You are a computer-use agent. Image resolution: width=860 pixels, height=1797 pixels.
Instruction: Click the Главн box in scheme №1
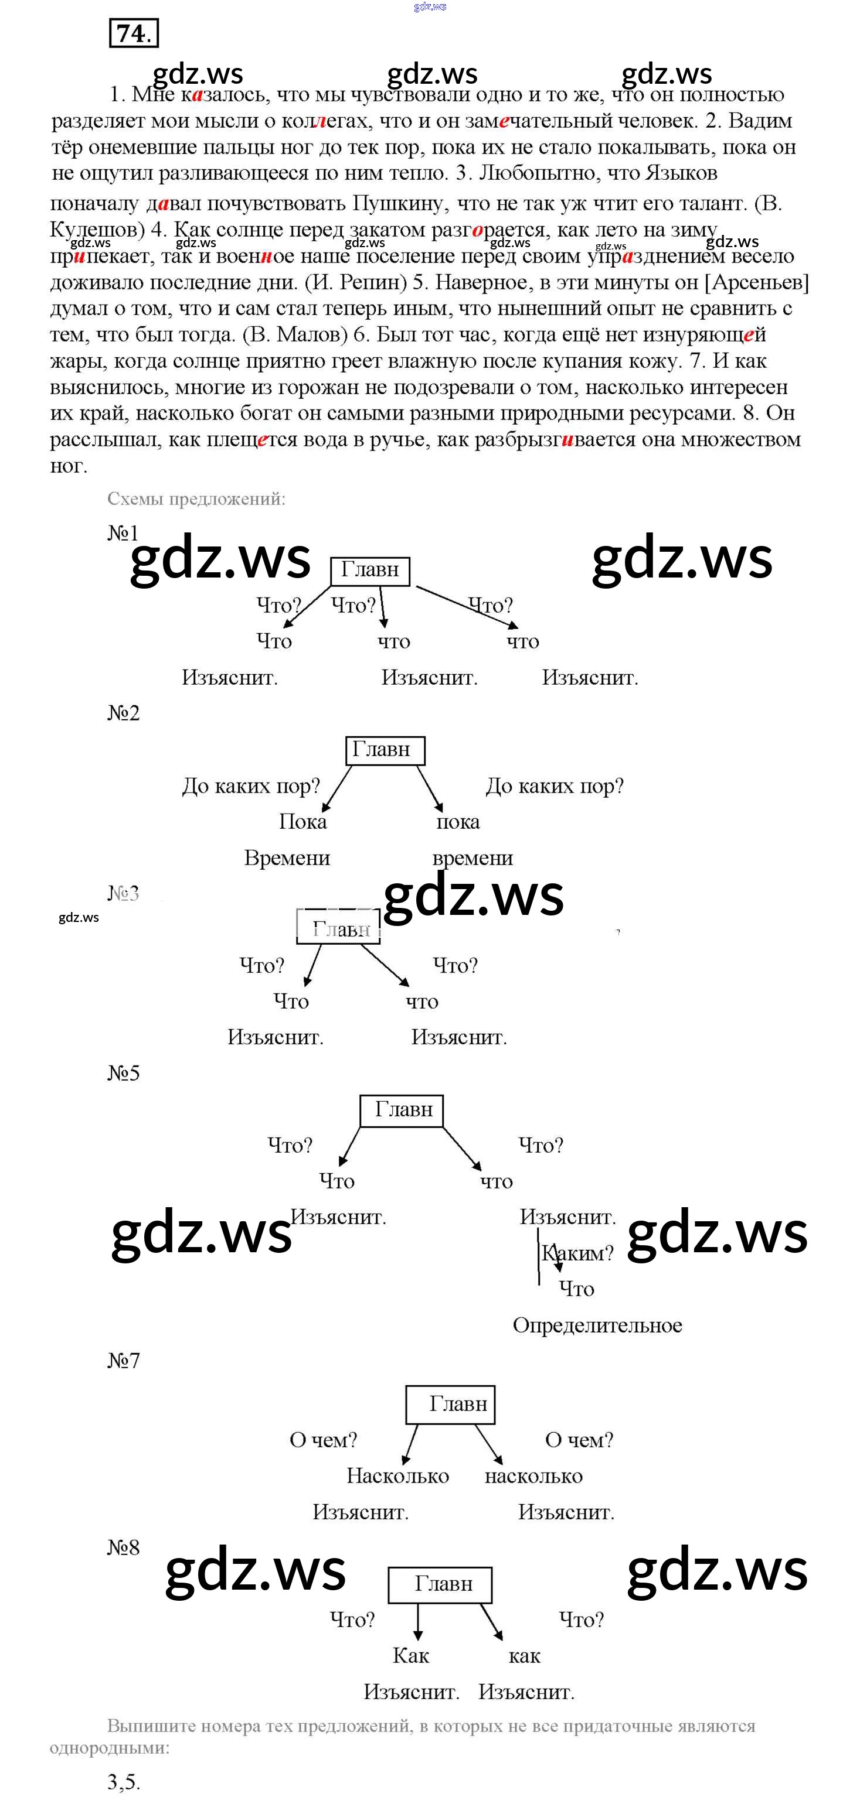pyautogui.click(x=369, y=570)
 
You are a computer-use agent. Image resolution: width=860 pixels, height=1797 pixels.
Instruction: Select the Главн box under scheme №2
pyautogui.click(x=385, y=750)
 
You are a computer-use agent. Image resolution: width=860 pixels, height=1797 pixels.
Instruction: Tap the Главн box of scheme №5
pyautogui.click(x=402, y=1110)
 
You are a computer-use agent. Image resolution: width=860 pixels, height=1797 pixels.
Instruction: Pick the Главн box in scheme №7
pyautogui.click(x=450, y=1404)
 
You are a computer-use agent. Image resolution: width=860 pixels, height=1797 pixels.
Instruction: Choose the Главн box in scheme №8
pyautogui.click(x=440, y=1584)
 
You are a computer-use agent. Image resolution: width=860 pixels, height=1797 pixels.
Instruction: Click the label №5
pyautogui.click(x=124, y=1073)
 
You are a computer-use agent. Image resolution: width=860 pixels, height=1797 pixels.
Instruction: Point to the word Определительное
pyautogui.click(x=597, y=1325)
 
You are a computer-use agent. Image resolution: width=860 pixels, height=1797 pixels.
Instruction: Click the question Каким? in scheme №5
pyautogui.click(x=578, y=1253)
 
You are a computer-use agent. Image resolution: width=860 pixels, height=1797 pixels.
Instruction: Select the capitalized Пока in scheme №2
pyautogui.click(x=302, y=822)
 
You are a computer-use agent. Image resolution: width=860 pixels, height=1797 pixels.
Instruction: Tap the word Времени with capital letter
pyautogui.click(x=287, y=858)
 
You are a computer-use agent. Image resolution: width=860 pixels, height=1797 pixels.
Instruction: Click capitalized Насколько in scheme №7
pyautogui.click(x=397, y=1476)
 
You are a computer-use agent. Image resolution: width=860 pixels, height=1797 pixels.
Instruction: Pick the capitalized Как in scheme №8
pyautogui.click(x=410, y=1656)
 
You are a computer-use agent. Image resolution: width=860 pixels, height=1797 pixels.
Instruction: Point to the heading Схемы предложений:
pyautogui.click(x=196, y=499)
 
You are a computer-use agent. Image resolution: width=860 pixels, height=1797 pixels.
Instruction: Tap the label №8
pyautogui.click(x=124, y=1548)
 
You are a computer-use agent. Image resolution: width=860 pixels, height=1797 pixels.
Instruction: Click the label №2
pyautogui.click(x=124, y=713)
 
